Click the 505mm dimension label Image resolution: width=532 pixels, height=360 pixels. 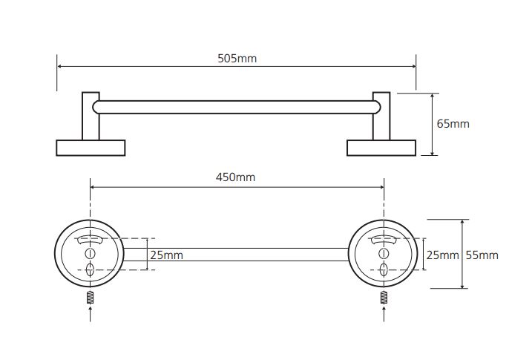[x=237, y=59]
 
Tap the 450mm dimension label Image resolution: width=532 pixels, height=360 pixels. [x=235, y=177]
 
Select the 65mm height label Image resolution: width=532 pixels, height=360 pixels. [x=453, y=124]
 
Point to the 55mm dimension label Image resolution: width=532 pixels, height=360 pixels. [x=482, y=255]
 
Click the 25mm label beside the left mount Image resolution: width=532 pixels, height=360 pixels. [x=167, y=255]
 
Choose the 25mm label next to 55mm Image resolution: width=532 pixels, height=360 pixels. [x=442, y=255]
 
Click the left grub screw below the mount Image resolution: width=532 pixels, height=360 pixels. [x=90, y=298]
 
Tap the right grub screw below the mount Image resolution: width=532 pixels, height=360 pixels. [x=384, y=298]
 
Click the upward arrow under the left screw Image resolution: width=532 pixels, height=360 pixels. [x=90, y=314]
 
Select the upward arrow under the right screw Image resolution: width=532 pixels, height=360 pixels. [x=384, y=314]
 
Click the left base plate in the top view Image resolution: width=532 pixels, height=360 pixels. [x=91, y=148]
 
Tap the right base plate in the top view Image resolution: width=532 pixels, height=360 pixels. [x=381, y=148]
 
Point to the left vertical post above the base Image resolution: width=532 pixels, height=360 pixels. [x=91, y=116]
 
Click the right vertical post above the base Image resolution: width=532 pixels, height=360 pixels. [x=381, y=116]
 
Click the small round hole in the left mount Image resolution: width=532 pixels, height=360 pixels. [x=90, y=253]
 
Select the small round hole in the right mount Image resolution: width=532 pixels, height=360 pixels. [x=384, y=253]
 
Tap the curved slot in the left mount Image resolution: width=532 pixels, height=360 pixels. [x=90, y=240]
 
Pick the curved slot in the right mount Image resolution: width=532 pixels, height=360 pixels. [x=384, y=240]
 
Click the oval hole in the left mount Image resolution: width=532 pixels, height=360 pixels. [x=90, y=269]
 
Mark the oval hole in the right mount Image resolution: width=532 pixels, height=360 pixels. [x=384, y=269]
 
